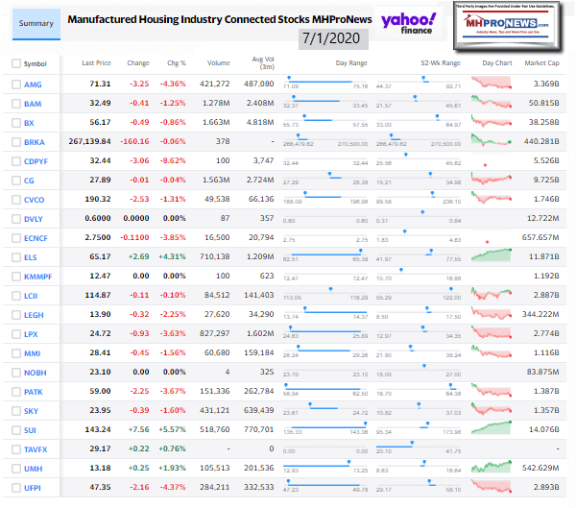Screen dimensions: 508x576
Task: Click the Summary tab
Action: pyautogui.click(x=31, y=21)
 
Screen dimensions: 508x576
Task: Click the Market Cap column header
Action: pyautogui.click(x=540, y=63)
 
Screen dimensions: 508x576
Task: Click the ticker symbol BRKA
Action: pyautogui.click(x=35, y=140)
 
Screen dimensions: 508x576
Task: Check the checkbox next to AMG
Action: pyautogui.click(x=14, y=85)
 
